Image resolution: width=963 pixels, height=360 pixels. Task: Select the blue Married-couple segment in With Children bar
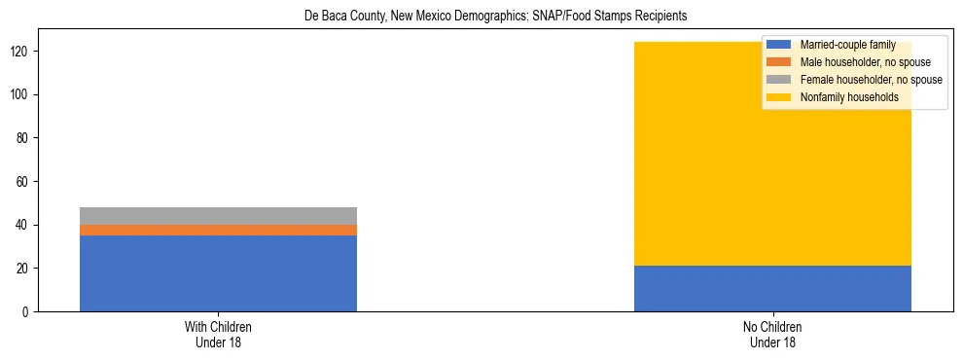click(x=218, y=273)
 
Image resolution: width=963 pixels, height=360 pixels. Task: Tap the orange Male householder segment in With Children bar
click(x=218, y=230)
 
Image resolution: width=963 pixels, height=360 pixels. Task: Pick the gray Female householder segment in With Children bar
click(x=218, y=216)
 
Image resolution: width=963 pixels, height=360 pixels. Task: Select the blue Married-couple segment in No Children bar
click(x=772, y=289)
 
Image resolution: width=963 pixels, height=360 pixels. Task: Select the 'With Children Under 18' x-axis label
click(x=218, y=334)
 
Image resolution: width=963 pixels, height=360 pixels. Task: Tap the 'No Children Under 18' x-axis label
click(x=772, y=334)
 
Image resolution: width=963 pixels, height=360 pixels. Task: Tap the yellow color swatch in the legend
click(x=779, y=97)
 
